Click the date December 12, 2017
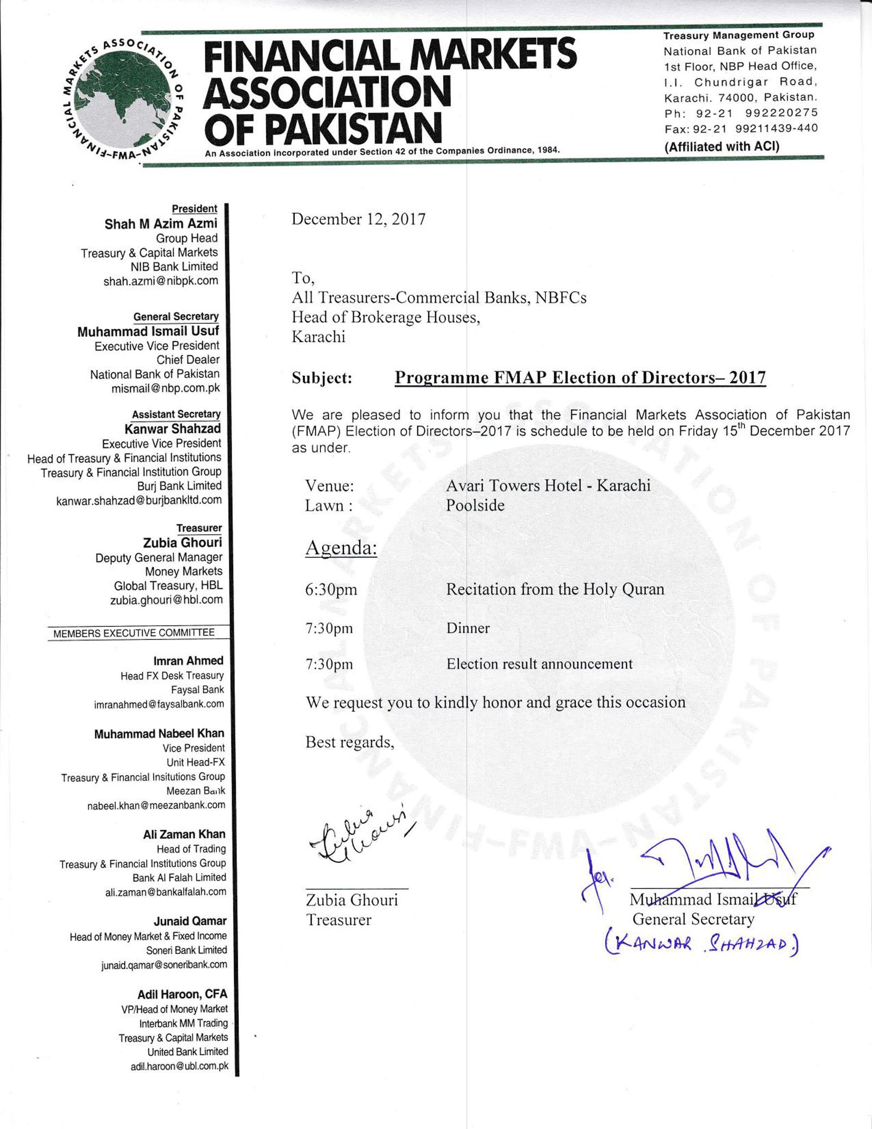(x=358, y=219)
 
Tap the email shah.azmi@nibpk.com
(x=161, y=281)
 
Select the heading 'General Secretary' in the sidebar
(x=176, y=317)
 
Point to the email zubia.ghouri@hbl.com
(x=166, y=600)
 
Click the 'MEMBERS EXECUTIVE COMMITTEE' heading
(x=134, y=633)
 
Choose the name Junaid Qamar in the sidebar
(x=190, y=922)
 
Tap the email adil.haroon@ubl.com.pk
(x=179, y=1066)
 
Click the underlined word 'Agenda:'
(x=341, y=547)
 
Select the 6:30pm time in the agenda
(x=331, y=590)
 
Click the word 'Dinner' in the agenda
(x=468, y=628)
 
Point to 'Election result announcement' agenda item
(x=539, y=664)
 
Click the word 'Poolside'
(x=475, y=505)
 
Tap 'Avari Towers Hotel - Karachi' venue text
(x=548, y=485)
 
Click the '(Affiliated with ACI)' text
(x=722, y=147)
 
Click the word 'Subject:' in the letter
(x=322, y=378)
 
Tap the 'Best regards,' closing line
(x=349, y=742)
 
